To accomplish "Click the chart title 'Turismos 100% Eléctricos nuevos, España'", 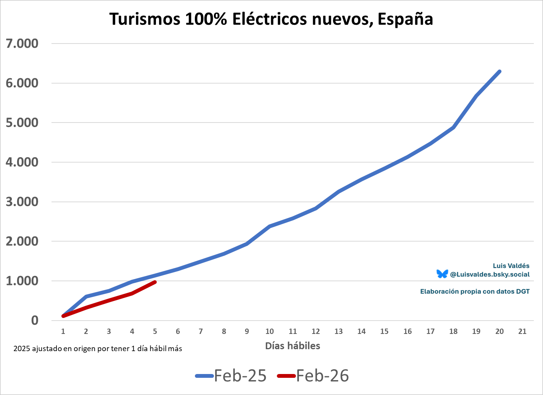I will click(271, 19).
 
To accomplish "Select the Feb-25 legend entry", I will click(231, 376).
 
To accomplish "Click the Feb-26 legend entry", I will click(313, 376).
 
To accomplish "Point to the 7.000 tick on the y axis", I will click(22, 44).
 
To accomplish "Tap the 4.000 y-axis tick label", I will click(22, 162).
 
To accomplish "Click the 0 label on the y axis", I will click(35, 320).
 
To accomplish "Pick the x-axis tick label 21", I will click(522, 331).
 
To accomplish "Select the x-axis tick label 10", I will click(270, 331).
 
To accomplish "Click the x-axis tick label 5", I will click(155, 331).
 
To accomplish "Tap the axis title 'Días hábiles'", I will click(292, 346).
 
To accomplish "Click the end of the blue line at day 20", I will click(499, 71).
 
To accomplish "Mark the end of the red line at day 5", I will click(155, 282).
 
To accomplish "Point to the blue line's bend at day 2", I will click(86, 297).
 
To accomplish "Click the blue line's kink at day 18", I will click(453, 127).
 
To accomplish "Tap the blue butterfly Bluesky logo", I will click(442, 274).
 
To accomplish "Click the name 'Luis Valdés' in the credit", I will click(511, 266).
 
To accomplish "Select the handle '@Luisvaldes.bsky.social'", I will click(490, 274).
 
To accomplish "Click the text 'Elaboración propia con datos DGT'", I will click(475, 292).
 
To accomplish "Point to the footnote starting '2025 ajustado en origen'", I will click(98, 348).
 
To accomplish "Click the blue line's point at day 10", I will click(270, 226).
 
